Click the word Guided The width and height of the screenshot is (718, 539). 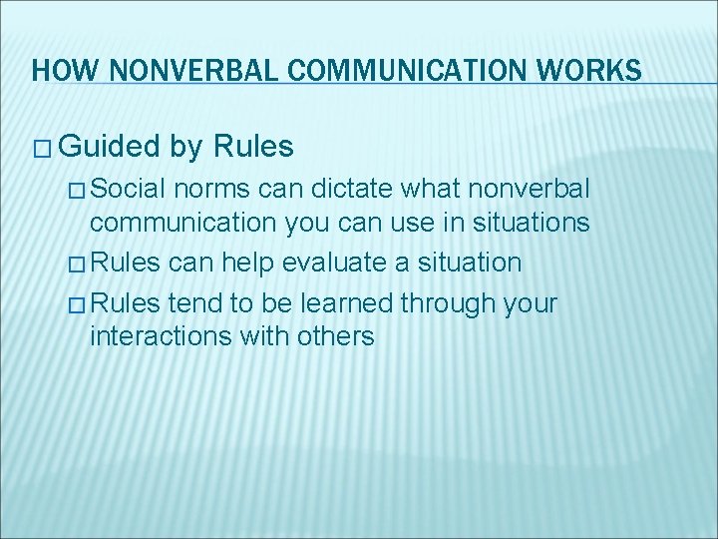110,148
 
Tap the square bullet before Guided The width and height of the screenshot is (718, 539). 43,149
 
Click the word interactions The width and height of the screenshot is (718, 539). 160,336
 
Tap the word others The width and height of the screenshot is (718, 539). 335,336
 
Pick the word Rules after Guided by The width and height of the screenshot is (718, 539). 253,148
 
